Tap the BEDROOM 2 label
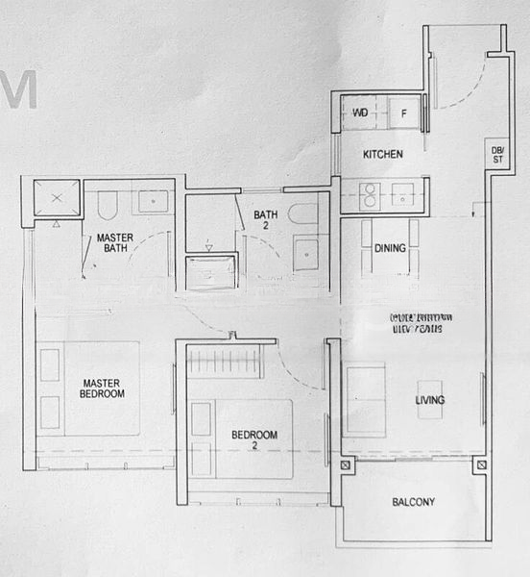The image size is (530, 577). coord(254,440)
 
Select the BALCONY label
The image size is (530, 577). coord(414,502)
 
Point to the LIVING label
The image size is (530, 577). coord(428,400)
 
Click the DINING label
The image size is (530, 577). coord(390,248)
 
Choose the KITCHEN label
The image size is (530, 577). coord(382,155)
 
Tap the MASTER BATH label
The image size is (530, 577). coord(114,242)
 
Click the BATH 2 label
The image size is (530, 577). coord(266,220)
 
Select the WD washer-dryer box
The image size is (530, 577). coord(362,113)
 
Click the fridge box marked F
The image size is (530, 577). coord(404,113)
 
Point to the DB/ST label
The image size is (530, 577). coord(497,155)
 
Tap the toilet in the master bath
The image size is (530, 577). coord(107,204)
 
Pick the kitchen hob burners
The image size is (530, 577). coord(369,195)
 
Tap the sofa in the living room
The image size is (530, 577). coord(364,395)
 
